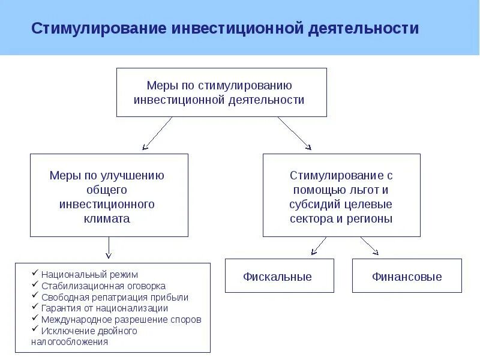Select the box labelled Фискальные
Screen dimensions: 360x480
click(x=277, y=277)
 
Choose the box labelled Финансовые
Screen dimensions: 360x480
click(x=406, y=277)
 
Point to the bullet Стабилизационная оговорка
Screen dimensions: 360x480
click(x=103, y=286)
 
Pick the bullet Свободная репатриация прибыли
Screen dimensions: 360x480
click(x=115, y=297)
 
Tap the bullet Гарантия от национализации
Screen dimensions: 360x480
click(x=104, y=308)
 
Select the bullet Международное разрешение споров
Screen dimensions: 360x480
click(x=121, y=319)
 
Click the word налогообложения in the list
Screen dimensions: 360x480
click(x=70, y=341)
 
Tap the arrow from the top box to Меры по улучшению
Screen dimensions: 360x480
click(x=157, y=133)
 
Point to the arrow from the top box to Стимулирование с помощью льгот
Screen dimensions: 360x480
click(x=294, y=133)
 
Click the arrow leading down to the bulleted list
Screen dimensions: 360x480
click(x=109, y=247)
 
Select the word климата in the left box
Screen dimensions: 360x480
click(x=107, y=218)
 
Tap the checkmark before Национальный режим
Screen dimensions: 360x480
click(x=36, y=274)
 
